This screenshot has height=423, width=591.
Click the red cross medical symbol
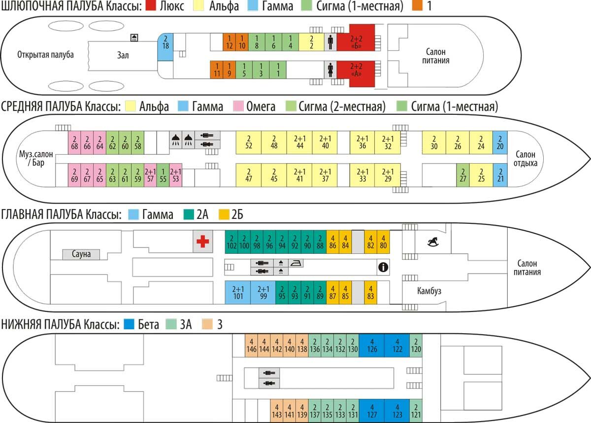pyautogui.click(x=202, y=242)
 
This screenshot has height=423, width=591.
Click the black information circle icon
pyautogui.click(x=383, y=267)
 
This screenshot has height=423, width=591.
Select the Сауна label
pyautogui.click(x=81, y=254)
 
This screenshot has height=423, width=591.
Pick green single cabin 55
pyautogui.click(x=163, y=176)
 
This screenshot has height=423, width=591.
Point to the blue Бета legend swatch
pyautogui.click(x=130, y=324)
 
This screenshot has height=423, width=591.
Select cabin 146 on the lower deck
pyautogui.click(x=251, y=346)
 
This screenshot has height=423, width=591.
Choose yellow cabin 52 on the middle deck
pyautogui.click(x=248, y=142)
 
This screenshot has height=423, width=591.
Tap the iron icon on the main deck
pyautogui.click(x=295, y=262)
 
